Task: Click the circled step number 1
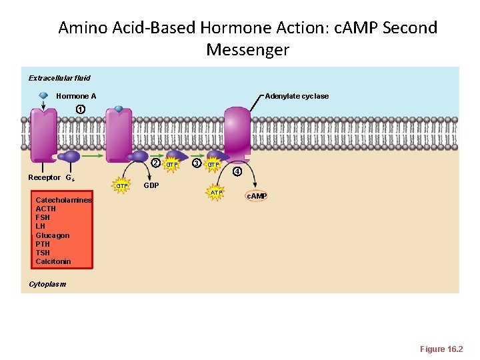(x=79, y=109)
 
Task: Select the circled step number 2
(x=154, y=163)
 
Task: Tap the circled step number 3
(x=196, y=163)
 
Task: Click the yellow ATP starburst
(x=216, y=193)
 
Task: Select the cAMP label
(x=257, y=196)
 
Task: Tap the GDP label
(x=151, y=185)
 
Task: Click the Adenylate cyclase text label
(x=297, y=96)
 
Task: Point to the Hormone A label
(x=76, y=96)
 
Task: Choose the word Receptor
(x=44, y=177)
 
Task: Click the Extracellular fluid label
(x=59, y=78)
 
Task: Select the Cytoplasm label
(x=47, y=284)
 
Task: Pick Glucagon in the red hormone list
(x=53, y=235)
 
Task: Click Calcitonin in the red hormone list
(x=53, y=261)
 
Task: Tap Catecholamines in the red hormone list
(x=64, y=200)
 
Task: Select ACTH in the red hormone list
(x=46, y=209)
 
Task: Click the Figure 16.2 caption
(x=441, y=349)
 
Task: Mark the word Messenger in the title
(x=248, y=49)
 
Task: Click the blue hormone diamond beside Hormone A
(x=43, y=96)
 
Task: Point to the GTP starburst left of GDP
(x=122, y=185)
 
